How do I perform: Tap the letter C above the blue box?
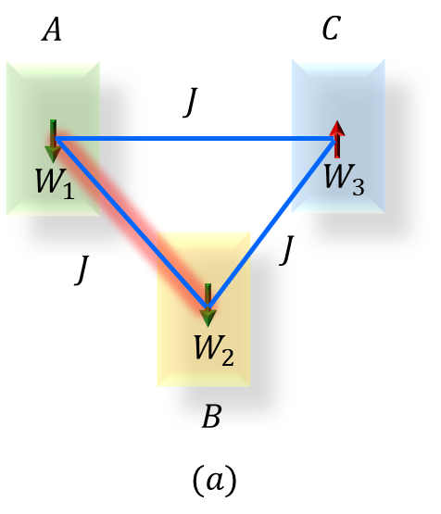point(332,31)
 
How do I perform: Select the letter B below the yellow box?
point(210,418)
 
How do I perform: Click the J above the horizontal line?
point(189,102)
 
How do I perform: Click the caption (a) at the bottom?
point(213,480)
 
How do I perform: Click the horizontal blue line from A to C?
point(195,140)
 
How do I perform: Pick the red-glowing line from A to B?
point(130,222)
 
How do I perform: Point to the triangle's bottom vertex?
point(208,307)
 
